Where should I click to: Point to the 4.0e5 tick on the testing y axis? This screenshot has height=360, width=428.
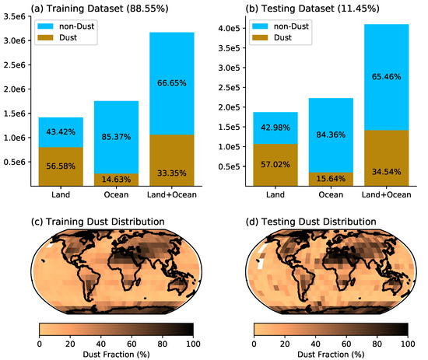[231, 28]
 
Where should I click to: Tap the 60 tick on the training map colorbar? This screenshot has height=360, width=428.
[131, 344]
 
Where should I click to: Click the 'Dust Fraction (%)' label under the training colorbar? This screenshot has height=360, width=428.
[115, 354]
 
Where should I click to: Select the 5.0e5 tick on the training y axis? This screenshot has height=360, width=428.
[16, 162]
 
